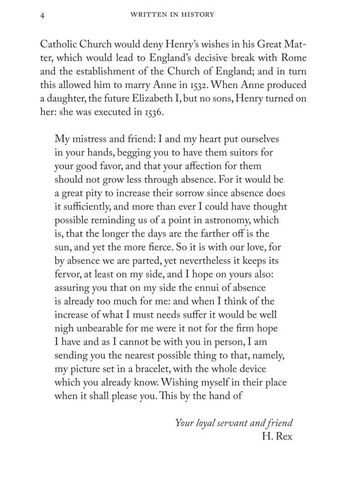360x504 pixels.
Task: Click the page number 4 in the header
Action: pos(42,15)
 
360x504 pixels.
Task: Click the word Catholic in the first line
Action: pos(58,45)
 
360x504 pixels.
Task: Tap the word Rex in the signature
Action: pos(284,436)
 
